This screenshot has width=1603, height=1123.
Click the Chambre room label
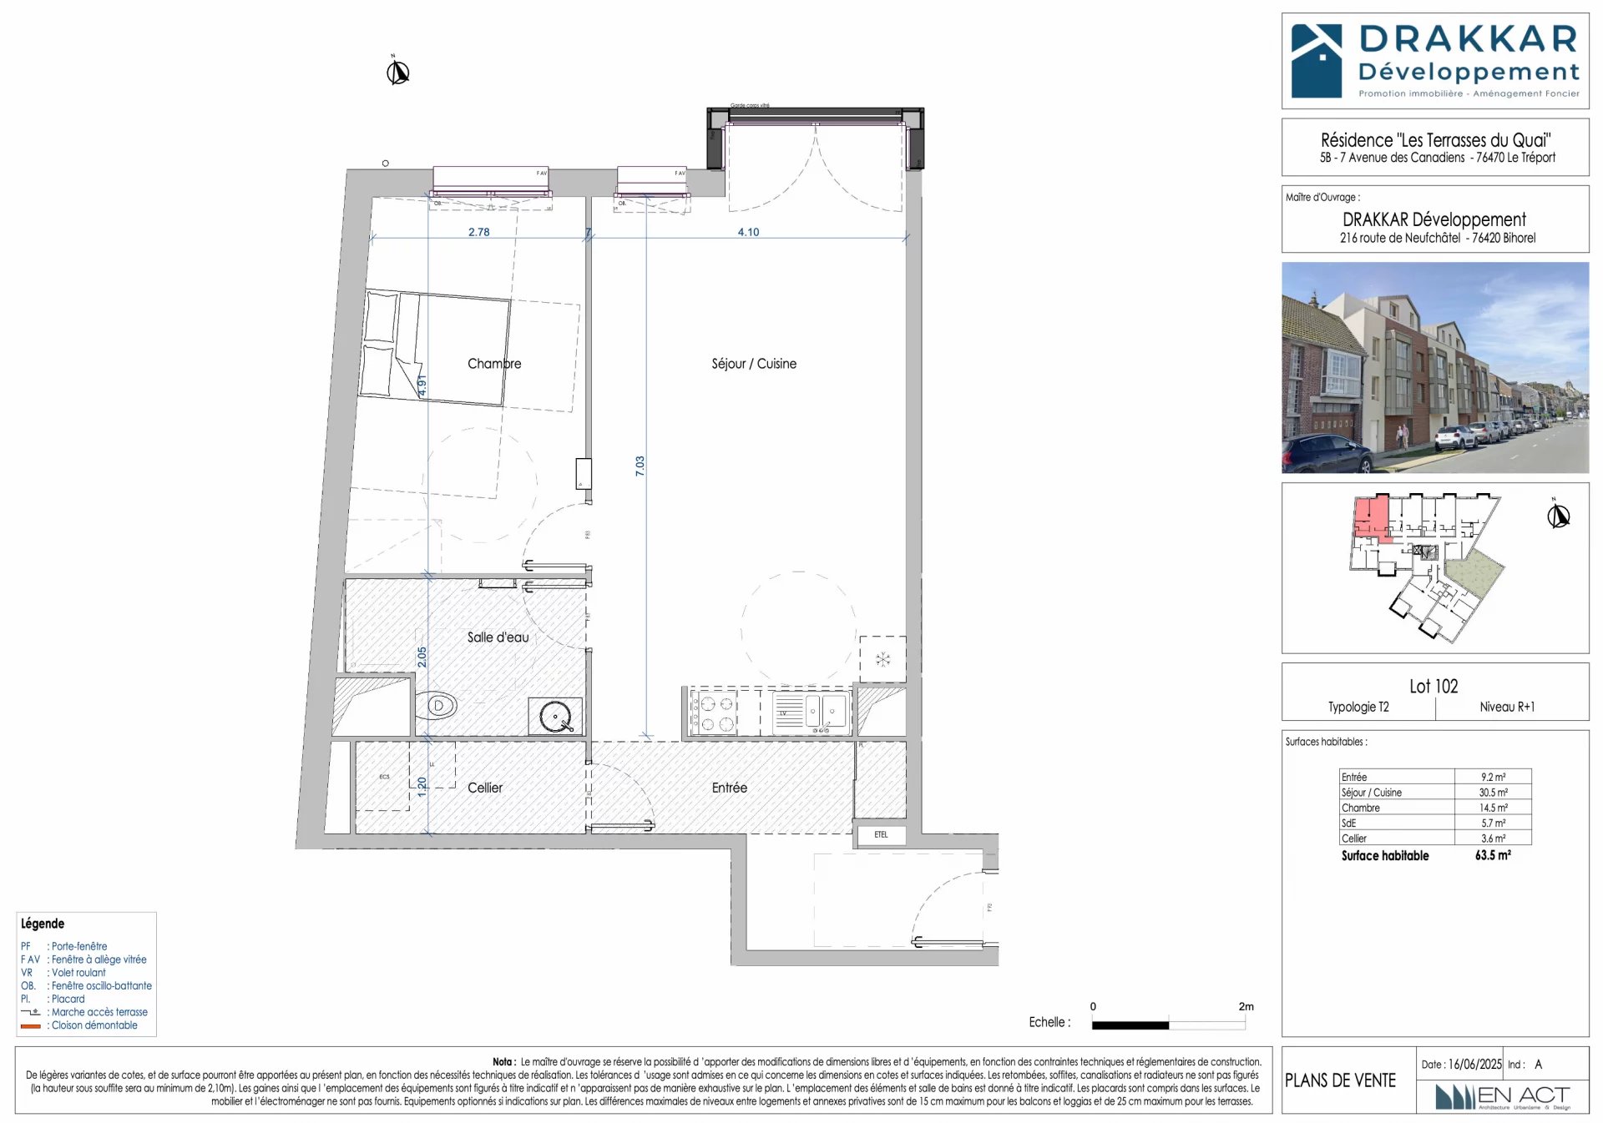494,364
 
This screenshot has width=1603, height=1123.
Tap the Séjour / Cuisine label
753,364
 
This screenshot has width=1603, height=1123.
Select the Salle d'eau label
498,637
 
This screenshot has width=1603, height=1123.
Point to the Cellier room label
484,788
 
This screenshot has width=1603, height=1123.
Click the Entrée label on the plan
729,788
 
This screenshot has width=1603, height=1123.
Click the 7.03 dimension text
640,466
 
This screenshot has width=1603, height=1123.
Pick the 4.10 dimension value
748,232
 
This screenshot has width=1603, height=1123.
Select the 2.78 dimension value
478,232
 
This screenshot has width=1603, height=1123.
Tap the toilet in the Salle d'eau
437,706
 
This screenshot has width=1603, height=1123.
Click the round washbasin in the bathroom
555,717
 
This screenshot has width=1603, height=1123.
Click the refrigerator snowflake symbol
882,660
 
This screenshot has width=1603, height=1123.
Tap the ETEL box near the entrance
881,834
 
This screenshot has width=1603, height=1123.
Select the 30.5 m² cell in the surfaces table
1493,793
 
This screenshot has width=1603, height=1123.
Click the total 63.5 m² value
1493,855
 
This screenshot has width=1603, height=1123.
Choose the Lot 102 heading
1434,687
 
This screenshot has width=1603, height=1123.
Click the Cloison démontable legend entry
94,1025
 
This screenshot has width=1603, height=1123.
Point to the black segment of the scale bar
1130,1025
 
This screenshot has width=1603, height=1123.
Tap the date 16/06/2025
1474,1065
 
